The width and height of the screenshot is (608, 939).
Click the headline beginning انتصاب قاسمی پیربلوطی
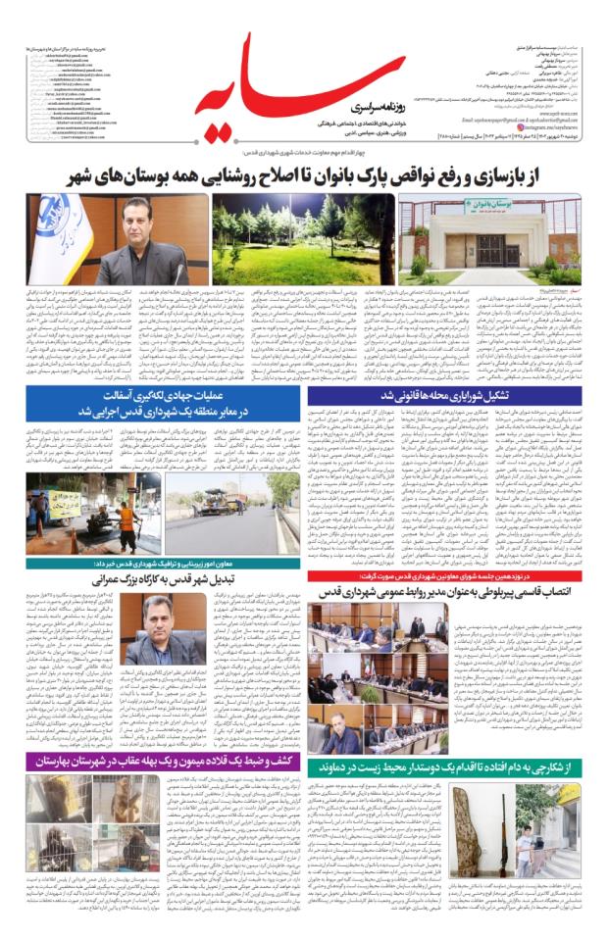point(456,593)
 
